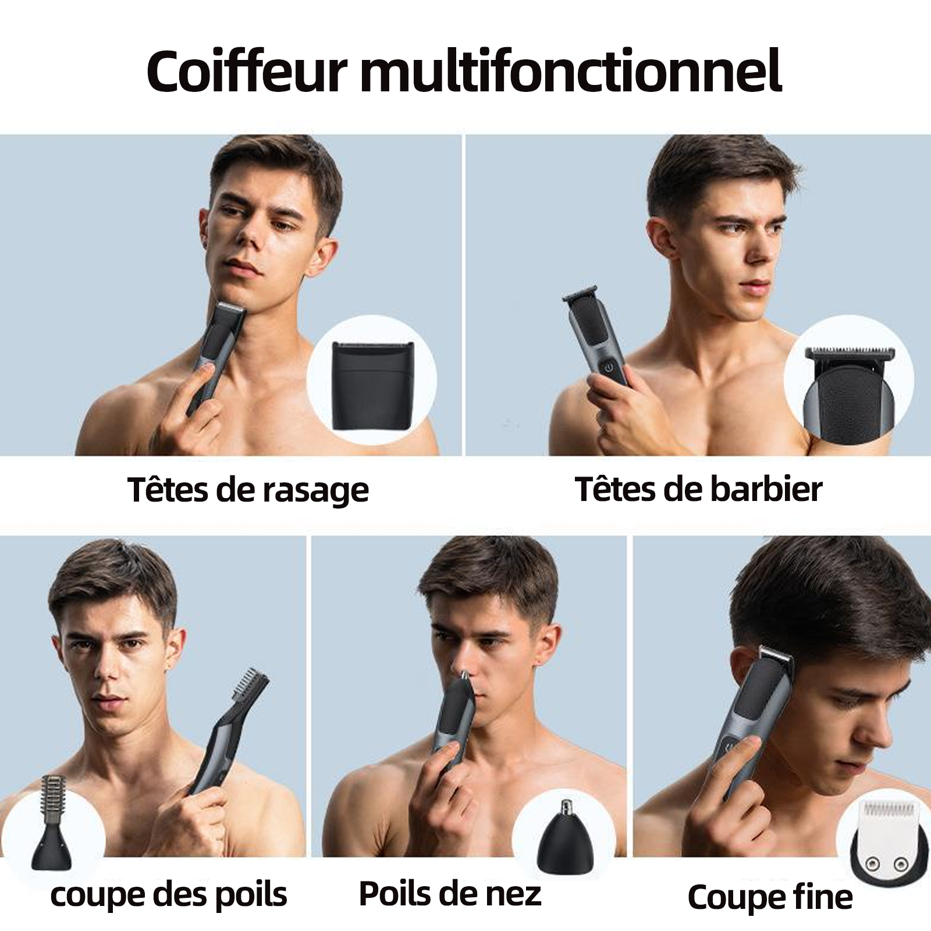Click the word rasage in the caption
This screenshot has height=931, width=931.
tap(315, 492)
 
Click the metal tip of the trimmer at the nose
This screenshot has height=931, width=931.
tap(464, 674)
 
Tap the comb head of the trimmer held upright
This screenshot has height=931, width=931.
tap(252, 687)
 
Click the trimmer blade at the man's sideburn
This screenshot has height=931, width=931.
tap(775, 655)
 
